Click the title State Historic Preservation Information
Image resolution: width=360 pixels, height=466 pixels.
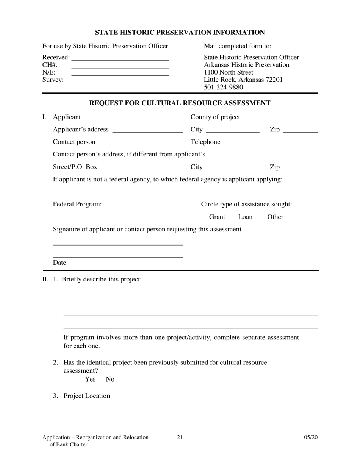(180, 33)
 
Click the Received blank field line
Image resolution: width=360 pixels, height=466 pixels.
(120, 59)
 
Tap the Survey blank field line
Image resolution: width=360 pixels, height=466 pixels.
(120, 82)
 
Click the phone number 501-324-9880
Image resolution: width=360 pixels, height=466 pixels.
(223, 88)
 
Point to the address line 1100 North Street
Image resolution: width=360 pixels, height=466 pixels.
(229, 72)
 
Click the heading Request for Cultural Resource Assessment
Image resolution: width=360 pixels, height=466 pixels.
(180, 103)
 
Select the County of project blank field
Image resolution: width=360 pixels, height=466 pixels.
(280, 119)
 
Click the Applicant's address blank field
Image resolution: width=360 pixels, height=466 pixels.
(147, 131)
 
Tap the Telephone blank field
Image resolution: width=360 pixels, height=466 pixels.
(271, 144)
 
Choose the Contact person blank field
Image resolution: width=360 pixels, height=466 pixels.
(141, 144)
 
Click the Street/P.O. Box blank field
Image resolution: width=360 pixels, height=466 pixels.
(142, 169)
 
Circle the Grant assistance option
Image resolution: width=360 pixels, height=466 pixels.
(217, 217)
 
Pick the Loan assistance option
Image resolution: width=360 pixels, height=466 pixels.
(245, 217)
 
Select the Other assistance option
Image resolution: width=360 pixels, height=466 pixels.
(275, 217)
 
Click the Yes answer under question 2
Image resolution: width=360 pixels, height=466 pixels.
(90, 379)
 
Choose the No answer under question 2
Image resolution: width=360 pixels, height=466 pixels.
(110, 379)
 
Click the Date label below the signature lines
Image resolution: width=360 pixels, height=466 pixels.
(59, 263)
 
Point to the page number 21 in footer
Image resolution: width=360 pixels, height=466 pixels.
(180, 438)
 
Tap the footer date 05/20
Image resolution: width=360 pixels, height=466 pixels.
(311, 438)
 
